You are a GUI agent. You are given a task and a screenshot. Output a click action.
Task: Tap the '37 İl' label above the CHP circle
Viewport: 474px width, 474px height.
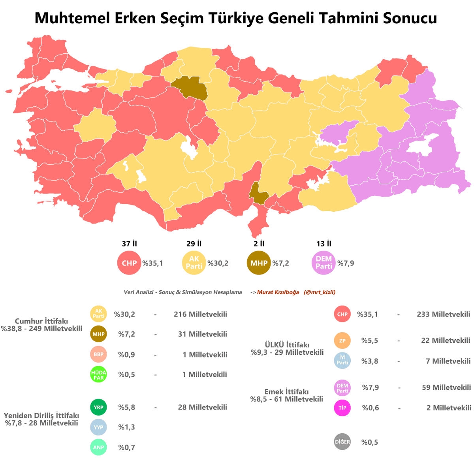[129, 244]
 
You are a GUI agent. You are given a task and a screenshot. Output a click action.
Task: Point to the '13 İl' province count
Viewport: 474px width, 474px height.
[324, 244]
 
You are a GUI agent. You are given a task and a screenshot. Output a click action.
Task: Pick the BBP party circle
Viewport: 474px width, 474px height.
[98, 354]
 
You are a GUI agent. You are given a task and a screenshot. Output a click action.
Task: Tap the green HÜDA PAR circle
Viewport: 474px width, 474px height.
[98, 374]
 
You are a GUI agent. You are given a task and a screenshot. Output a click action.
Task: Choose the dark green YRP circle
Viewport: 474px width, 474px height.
[98, 407]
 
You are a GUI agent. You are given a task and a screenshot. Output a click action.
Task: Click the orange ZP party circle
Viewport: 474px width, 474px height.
[342, 340]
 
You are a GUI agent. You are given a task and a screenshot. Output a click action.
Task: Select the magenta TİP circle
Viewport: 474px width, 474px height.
[342, 408]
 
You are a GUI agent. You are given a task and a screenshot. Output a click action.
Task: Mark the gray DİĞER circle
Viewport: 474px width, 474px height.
[342, 442]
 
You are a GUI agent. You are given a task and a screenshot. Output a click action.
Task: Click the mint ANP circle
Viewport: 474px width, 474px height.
[98, 448]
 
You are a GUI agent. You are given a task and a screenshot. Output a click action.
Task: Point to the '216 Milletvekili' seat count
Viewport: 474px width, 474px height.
[200, 314]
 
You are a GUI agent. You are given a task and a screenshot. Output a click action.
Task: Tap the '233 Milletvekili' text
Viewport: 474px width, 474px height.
[443, 314]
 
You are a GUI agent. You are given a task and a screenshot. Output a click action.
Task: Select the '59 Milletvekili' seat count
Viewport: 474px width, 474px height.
[446, 387]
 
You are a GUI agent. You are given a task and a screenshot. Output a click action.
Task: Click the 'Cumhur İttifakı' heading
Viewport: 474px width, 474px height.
[41, 321]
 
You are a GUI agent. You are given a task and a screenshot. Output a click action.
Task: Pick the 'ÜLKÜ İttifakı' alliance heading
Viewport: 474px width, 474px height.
[287, 345]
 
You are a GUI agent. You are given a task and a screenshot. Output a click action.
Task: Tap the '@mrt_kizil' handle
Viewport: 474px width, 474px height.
[320, 292]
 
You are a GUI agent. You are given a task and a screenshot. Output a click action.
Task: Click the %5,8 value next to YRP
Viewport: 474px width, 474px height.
[127, 407]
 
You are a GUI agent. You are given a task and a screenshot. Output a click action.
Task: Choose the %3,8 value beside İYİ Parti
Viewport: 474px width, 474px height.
[370, 361]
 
